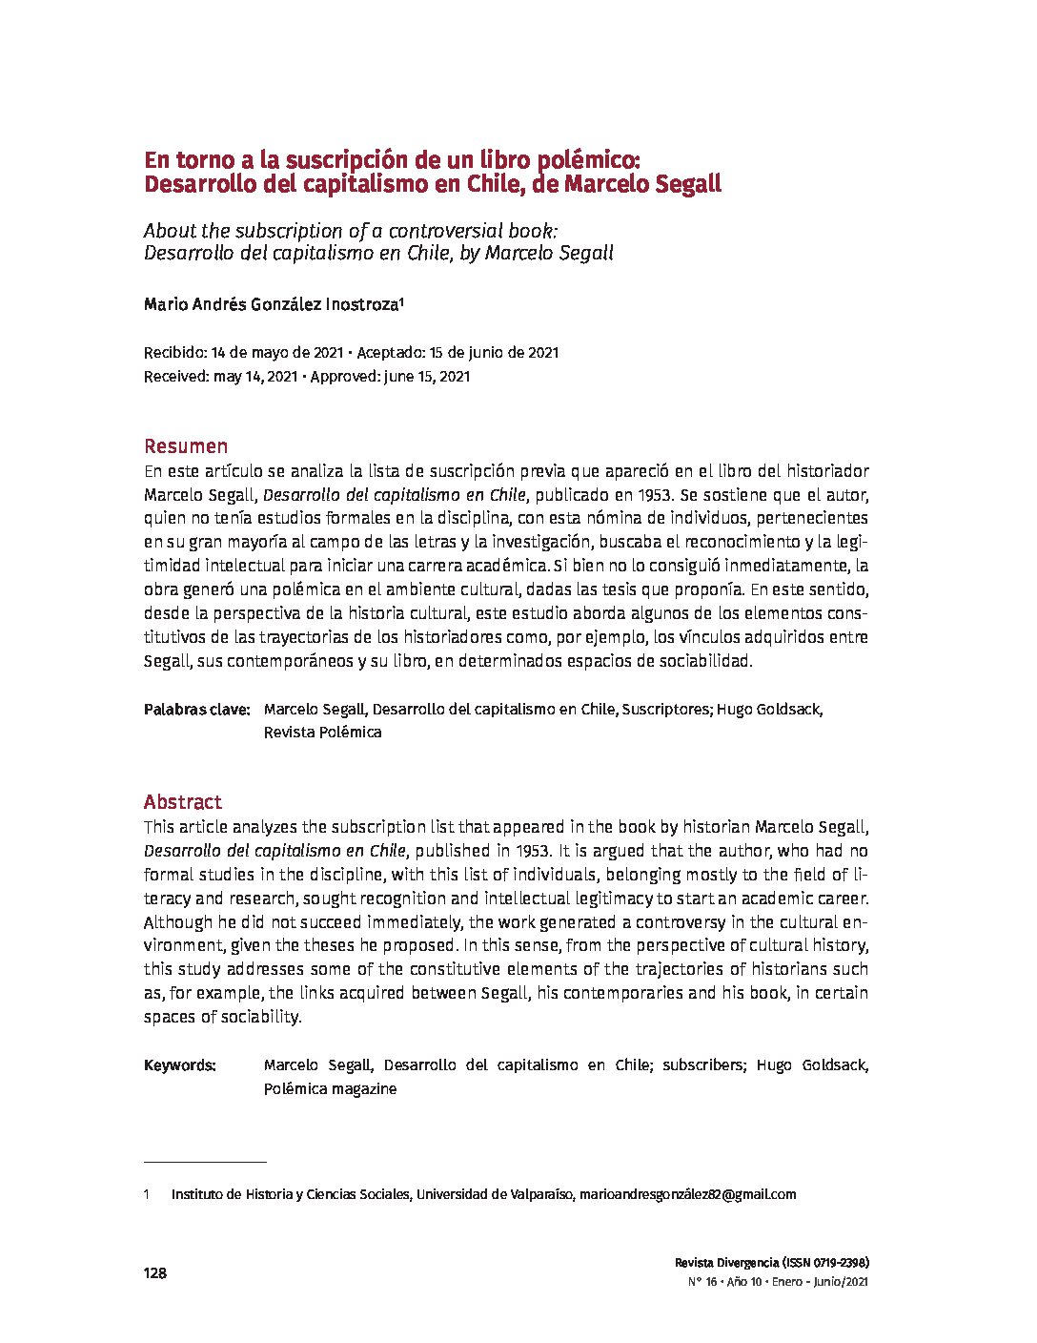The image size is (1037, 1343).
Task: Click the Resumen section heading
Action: point(186,446)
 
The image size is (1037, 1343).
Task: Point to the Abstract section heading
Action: point(182,802)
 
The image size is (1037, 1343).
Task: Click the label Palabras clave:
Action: point(196,710)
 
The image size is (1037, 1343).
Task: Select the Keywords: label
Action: point(180,1065)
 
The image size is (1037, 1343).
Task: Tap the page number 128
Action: point(154,1273)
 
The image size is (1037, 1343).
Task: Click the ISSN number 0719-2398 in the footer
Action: point(836,1262)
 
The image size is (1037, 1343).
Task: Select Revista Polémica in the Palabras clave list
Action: point(322,733)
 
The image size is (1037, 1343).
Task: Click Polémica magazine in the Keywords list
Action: point(330,1088)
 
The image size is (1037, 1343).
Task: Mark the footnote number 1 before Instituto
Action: point(147,1194)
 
